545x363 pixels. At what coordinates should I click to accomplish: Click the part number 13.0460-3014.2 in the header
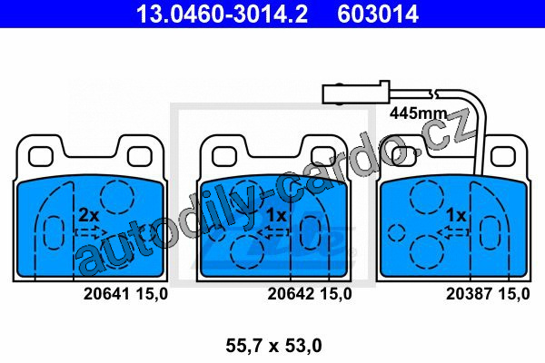pos(222,15)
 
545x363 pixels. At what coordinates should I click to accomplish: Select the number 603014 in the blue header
pos(378,15)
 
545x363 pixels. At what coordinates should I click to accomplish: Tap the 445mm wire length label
pos(418,113)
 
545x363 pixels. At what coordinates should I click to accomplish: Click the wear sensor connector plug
pos(355,93)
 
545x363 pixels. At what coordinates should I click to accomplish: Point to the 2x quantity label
pos(89,215)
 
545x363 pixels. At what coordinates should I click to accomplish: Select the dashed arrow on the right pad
pos(453,232)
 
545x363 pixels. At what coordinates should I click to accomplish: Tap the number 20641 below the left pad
pos(106,294)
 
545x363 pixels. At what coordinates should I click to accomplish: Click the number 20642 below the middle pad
pos(291,294)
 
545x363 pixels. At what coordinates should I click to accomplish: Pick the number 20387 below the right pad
pos(470,294)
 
